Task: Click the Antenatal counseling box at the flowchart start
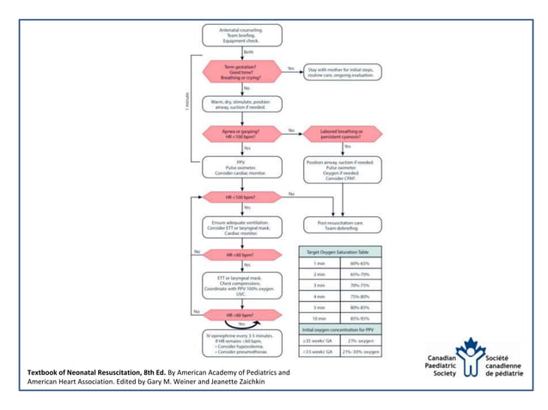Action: pyautogui.click(x=241, y=35)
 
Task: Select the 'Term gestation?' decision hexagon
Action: pyautogui.click(x=241, y=72)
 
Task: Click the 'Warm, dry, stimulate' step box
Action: pyautogui.click(x=241, y=105)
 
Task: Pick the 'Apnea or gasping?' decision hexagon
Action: pyautogui.click(x=241, y=134)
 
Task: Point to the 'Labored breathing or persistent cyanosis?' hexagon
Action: pyautogui.click(x=341, y=134)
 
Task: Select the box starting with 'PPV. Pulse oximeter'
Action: pyautogui.click(x=241, y=167)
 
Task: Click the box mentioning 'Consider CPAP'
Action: pyautogui.click(x=341, y=171)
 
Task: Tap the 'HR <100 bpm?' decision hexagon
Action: pyautogui.click(x=241, y=197)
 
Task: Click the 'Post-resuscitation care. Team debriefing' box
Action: pyautogui.click(x=341, y=225)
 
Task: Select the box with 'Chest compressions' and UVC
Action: pyautogui.click(x=241, y=286)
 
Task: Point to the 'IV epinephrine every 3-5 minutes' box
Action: pyautogui.click(x=241, y=342)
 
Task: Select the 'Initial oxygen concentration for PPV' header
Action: pyautogui.click(x=340, y=330)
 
